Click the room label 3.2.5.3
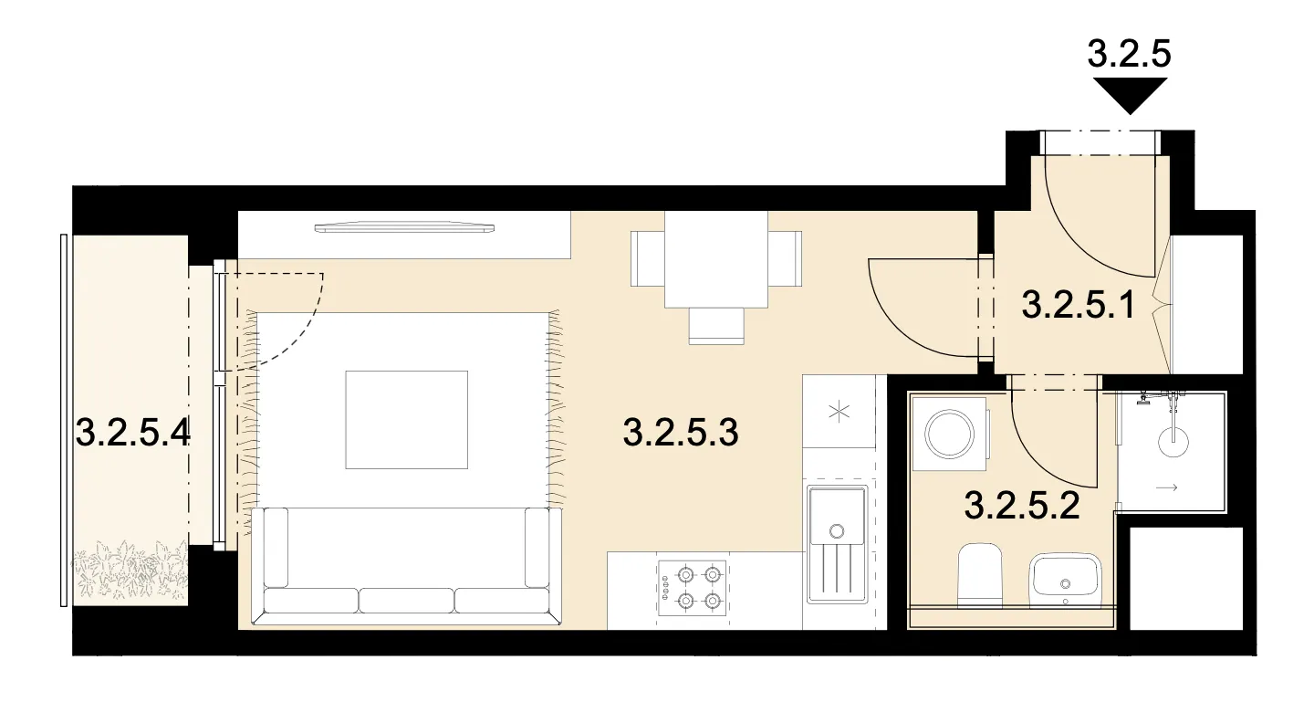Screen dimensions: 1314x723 click(681, 433)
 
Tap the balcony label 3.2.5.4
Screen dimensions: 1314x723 click(133, 434)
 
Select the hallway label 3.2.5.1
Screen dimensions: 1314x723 click(1079, 305)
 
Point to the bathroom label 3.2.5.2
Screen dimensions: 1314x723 click(1022, 506)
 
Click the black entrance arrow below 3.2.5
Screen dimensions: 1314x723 click(1130, 96)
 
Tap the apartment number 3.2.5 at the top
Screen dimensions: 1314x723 click(1130, 54)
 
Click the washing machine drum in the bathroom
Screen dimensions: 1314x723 click(950, 435)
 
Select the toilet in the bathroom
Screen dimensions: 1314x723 click(980, 574)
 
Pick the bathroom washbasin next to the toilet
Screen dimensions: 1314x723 click(1065, 580)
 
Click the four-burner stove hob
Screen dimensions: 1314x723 click(693, 588)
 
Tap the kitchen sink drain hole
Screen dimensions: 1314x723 click(837, 531)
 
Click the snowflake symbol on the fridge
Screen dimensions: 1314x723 click(839, 412)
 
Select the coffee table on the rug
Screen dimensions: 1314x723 click(407, 420)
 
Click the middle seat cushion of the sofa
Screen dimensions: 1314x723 click(406, 601)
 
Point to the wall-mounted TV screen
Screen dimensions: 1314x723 click(404, 227)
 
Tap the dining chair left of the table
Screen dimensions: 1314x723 click(648, 259)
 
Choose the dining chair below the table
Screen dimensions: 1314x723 click(716, 326)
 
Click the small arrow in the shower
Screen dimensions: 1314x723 click(1166, 487)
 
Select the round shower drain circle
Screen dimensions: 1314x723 click(1173, 441)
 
